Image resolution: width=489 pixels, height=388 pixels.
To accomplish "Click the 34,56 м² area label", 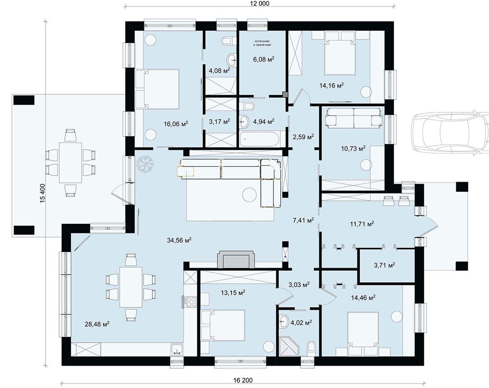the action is point(179,240).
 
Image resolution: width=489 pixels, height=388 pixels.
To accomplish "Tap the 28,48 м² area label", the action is point(97,324).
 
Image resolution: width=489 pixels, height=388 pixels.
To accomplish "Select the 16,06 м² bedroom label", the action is point(176,124).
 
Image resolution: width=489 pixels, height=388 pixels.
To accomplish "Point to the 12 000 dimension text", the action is point(260,3).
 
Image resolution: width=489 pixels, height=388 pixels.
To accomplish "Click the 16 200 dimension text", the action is point(243,380).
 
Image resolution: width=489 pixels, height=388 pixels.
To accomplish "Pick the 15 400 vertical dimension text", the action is point(43,193).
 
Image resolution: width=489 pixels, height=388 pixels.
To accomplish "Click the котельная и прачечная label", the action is point(262,43).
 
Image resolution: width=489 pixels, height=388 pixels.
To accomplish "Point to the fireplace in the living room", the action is point(236,259).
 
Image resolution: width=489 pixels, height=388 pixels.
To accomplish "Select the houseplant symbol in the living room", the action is point(145,164).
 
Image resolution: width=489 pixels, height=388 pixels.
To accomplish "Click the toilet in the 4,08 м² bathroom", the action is point(229,41).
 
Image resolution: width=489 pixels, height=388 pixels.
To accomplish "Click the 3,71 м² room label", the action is point(384,265).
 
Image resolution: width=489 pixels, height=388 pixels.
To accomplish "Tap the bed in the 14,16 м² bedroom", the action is point(340,56).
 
